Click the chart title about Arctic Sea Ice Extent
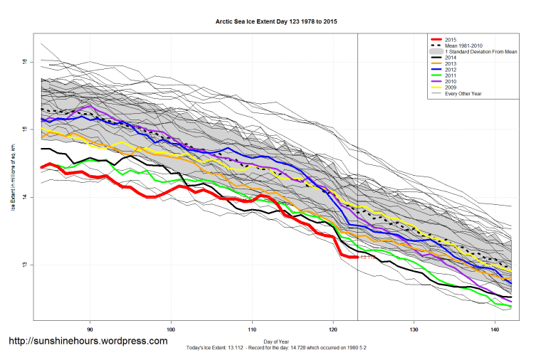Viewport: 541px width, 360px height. [276, 22]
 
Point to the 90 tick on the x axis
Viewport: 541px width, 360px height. [90, 331]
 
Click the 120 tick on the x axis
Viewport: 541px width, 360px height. [333, 331]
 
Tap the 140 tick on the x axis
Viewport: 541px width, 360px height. [495, 331]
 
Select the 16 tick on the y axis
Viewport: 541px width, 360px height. [24, 62]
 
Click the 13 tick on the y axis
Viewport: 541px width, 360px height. [24, 265]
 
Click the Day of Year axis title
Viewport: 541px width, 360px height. [275, 339]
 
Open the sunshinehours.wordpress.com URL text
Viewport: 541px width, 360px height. [88, 342]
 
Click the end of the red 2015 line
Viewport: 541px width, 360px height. [357, 257]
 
